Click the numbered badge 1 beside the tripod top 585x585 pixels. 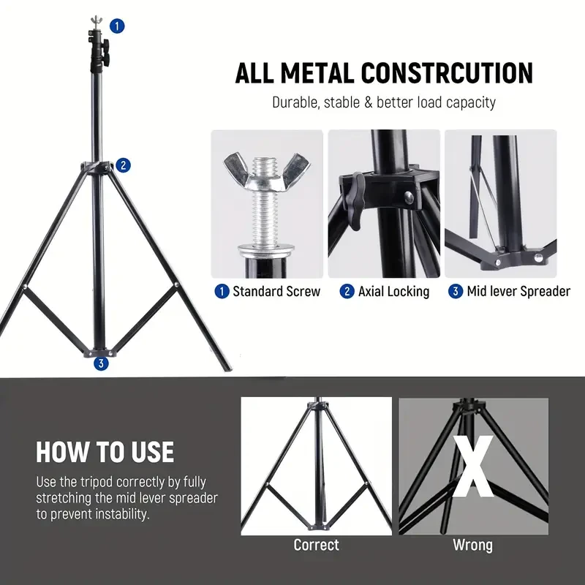[118, 26]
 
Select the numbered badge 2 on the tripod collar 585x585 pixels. [124, 165]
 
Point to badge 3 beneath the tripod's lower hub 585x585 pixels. [101, 363]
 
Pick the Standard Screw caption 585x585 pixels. [276, 292]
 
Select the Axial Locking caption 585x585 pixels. [393, 292]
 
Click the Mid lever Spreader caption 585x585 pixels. [518, 292]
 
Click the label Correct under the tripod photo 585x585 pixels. [316, 546]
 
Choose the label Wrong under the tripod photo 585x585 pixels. [472, 546]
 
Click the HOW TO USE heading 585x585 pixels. [105, 452]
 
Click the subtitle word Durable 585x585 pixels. [296, 102]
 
